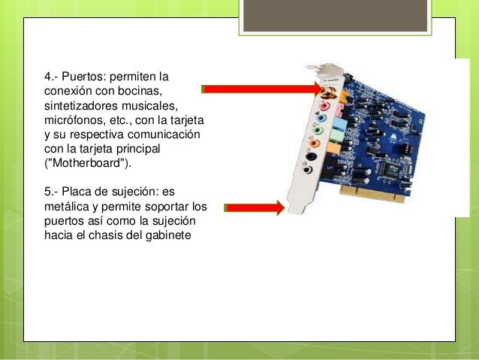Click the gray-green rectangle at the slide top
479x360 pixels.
[335, 15]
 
